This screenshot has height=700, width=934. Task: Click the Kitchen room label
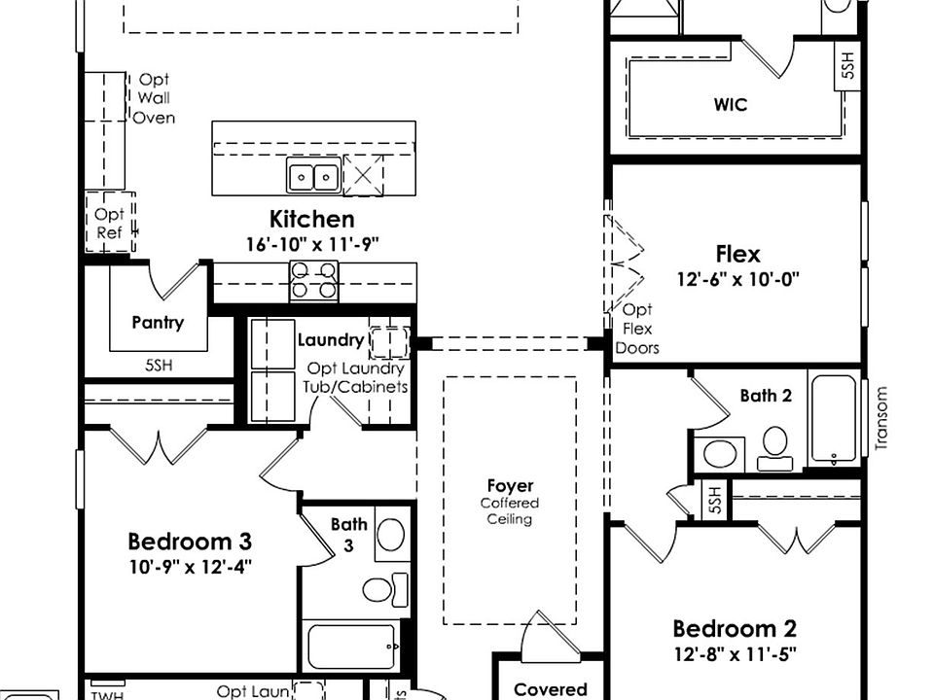[x=311, y=219]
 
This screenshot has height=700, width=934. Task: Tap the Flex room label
[x=737, y=255]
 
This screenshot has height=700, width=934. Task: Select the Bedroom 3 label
[x=190, y=542]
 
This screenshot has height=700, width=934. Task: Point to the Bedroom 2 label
[x=735, y=628]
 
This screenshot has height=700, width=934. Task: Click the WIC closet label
[x=730, y=104]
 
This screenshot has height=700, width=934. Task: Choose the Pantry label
[x=158, y=323]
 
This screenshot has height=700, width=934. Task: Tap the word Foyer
[x=510, y=486]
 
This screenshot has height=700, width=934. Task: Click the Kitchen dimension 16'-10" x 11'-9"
[x=311, y=243]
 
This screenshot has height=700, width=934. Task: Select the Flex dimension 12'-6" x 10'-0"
[x=737, y=279]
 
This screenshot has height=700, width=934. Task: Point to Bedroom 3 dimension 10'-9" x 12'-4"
[x=190, y=566]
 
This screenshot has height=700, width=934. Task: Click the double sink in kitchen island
[x=312, y=177]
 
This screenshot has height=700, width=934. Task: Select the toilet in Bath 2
[x=774, y=446]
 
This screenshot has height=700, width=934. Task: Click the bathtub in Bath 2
[x=833, y=418]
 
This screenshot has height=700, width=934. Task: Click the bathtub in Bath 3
[x=351, y=646]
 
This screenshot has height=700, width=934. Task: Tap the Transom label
[x=882, y=418]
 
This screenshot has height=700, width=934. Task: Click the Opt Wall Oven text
[x=154, y=98]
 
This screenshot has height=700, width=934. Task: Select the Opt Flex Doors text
[x=638, y=330]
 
